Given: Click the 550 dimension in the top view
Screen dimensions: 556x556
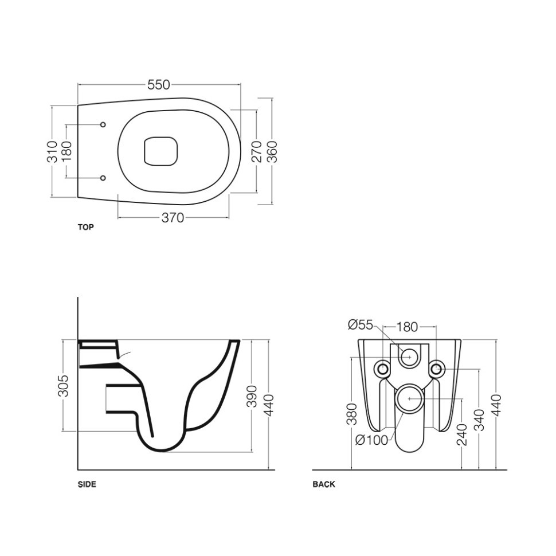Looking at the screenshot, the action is tap(159, 85).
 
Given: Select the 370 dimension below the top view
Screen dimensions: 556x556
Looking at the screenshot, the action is tap(173, 218).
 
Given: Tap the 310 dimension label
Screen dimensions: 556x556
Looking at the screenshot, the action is tap(52, 152).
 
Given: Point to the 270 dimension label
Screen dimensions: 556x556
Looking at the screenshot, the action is tap(256, 151).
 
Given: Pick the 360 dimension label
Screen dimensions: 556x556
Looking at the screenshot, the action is tap(272, 152).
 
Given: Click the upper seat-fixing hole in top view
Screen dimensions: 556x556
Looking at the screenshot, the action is tap(103, 125).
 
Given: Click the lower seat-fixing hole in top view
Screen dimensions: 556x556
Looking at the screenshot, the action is tap(103, 178).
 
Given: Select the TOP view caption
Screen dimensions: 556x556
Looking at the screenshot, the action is tap(86, 228).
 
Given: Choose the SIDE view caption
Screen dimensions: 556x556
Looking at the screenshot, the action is tap(87, 484).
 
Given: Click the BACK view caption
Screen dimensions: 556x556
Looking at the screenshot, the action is tap(324, 484).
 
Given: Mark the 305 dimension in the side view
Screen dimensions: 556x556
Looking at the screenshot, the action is tap(63, 385).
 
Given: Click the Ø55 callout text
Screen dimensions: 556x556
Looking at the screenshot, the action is tap(361, 325).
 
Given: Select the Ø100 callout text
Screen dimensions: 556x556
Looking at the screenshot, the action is tap(371, 440).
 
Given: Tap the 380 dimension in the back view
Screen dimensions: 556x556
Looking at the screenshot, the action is tap(352, 414).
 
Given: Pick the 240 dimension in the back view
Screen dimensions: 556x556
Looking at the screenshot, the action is tap(463, 434).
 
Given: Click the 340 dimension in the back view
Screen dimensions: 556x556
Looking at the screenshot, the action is tap(479, 420).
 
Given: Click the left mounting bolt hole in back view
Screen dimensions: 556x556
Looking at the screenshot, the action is tap(382, 369).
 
